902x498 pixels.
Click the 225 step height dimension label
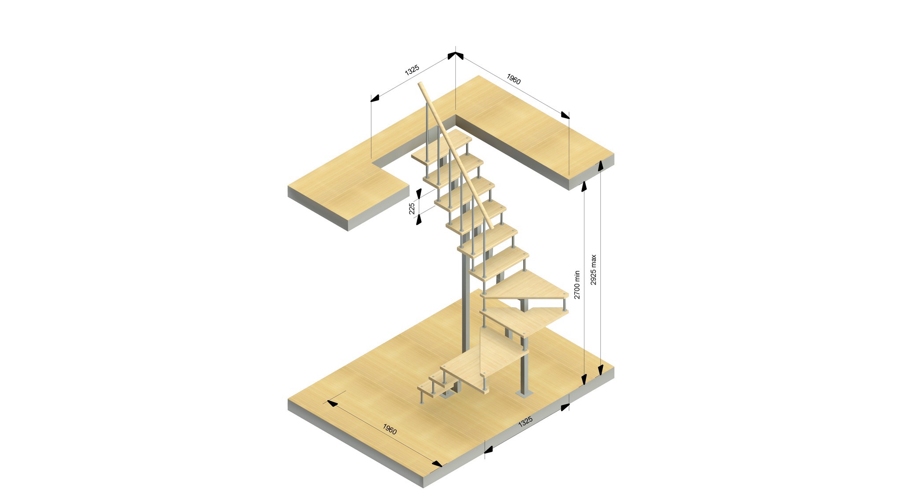pos(412,208)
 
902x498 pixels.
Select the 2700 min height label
pos(577,285)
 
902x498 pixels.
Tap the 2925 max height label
pos(593,270)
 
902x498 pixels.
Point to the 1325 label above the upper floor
pos(412,70)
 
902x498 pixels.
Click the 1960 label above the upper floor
pos(514,79)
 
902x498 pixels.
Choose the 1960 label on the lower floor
pos(389,429)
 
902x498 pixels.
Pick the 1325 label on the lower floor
pos(525,421)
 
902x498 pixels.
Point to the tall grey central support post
pos(464,304)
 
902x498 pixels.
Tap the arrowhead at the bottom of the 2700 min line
pos(584,379)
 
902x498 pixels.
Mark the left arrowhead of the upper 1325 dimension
pos(375,98)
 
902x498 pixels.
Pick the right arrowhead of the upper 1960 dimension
pos(565,115)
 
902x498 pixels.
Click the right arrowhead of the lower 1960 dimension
pos(437,464)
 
